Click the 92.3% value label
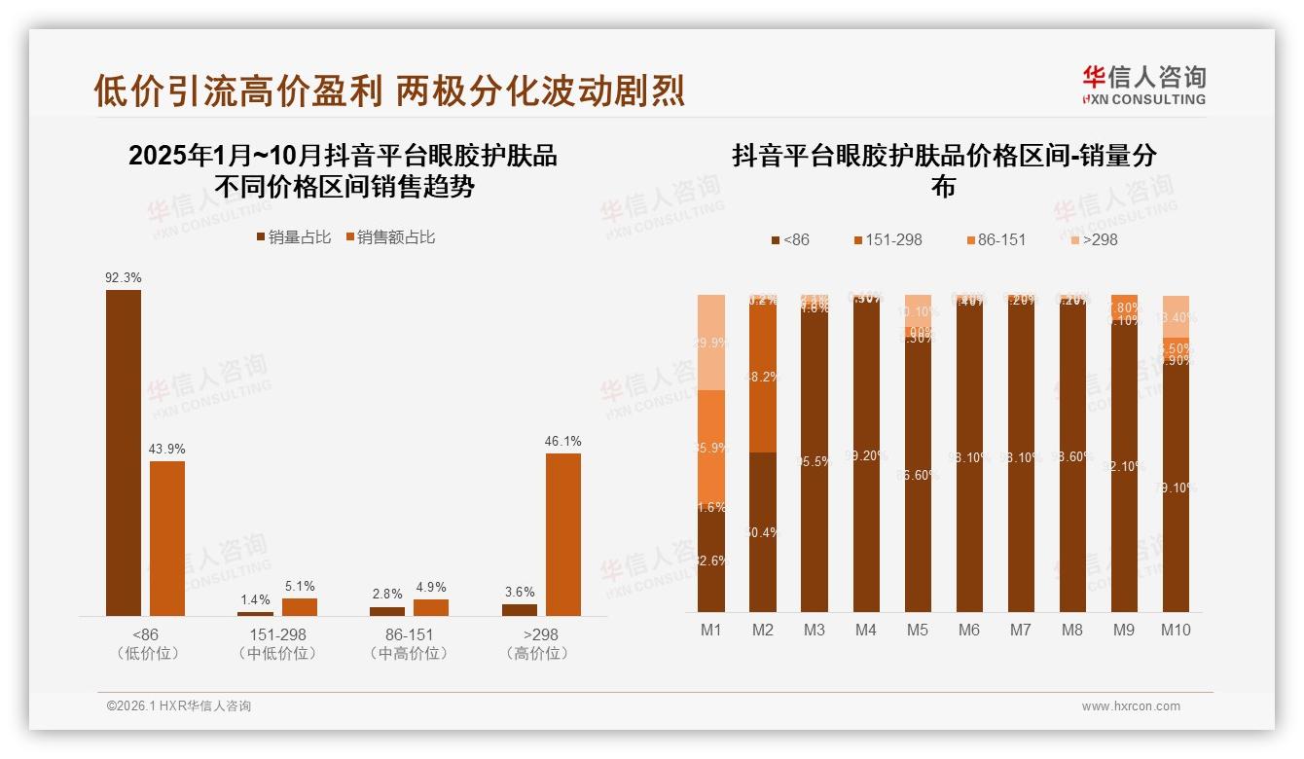tap(124, 277)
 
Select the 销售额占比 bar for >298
tap(562, 534)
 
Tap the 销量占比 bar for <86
tap(124, 452)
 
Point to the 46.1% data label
tap(562, 442)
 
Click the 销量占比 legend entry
tap(293, 237)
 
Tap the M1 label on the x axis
tap(711, 630)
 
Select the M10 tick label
tap(1176, 630)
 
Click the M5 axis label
tap(918, 630)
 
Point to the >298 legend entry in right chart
tap(1095, 239)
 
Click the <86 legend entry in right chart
tap(789, 239)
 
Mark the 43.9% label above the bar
tap(167, 450)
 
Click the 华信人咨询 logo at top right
tap(1143, 86)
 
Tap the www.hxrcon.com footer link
tap(1131, 706)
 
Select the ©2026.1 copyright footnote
tap(178, 706)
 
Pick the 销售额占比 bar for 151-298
tap(300, 607)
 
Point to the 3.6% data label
tap(520, 593)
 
